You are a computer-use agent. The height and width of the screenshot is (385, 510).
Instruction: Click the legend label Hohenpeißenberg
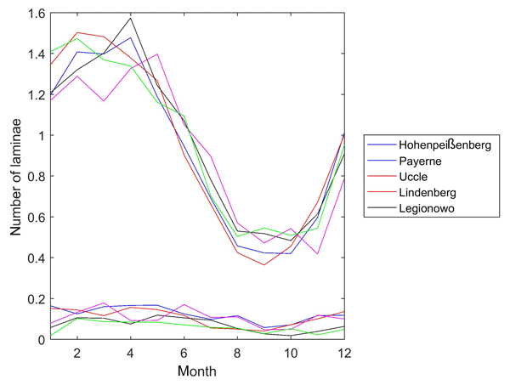[444, 145]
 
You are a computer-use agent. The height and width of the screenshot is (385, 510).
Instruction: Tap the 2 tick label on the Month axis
[76, 354]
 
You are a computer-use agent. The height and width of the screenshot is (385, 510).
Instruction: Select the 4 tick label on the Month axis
[131, 354]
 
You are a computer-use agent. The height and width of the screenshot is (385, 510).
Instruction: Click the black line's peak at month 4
[131, 18]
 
